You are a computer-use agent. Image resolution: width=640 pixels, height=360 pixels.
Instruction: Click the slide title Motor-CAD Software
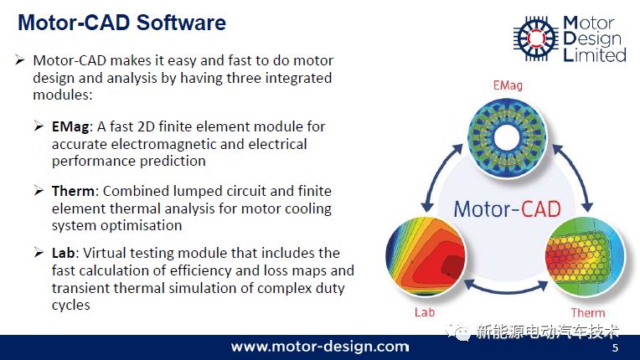pos(121,23)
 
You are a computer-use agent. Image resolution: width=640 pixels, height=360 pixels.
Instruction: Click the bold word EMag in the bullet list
pos(70,127)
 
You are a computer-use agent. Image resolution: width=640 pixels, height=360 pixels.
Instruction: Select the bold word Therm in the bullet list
pos(73,191)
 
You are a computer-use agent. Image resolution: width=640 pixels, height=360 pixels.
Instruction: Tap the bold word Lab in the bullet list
pos(64,253)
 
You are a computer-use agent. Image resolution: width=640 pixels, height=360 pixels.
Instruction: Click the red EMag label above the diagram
pos(508,85)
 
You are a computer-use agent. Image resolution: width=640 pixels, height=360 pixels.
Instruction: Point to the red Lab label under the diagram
pos(425,312)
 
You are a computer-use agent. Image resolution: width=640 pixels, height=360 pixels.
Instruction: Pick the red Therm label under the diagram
pos(588,313)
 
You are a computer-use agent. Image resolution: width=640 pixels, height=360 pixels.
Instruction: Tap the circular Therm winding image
pos(585,256)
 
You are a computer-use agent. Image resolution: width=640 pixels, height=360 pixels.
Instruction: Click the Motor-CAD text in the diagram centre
pos(507,209)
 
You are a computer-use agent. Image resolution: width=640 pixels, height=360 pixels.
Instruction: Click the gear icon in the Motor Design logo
pos(536,39)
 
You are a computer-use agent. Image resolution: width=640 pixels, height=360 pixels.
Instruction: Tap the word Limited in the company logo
pos(595,54)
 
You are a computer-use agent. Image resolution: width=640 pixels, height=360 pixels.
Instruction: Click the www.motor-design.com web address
pos(320,347)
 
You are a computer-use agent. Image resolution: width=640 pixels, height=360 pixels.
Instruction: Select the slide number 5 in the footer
pos(615,348)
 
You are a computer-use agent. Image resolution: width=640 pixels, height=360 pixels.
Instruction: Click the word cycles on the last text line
pos(71,306)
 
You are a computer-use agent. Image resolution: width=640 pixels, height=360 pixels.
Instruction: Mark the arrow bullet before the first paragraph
pos(19,60)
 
